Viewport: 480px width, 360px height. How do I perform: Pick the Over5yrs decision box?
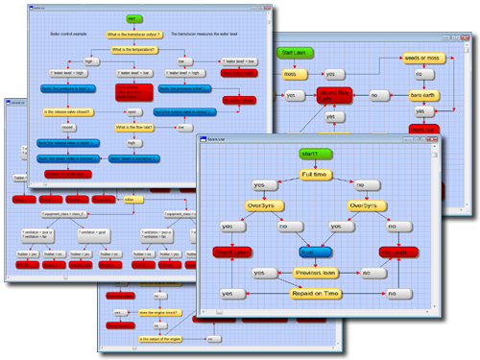pos(368,205)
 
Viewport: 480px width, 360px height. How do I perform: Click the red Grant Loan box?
pos(231,252)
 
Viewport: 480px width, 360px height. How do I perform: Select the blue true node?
pos(313,252)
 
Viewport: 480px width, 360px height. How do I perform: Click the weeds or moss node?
pos(420,57)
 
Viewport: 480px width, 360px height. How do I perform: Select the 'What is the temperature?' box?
pos(132,48)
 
